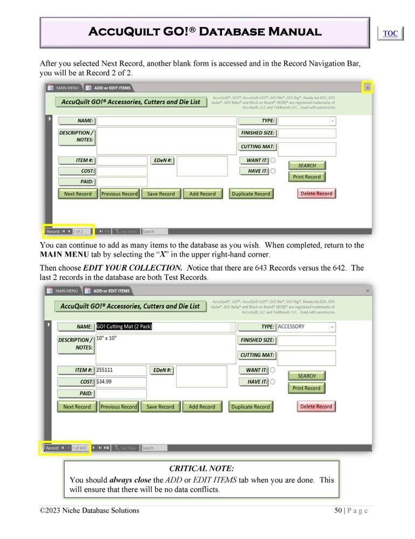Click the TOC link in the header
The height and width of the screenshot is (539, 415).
point(390,33)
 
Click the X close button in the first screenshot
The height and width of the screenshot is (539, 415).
point(368,87)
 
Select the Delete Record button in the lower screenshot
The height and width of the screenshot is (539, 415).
point(316,406)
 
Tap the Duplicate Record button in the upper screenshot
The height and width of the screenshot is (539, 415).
point(251,194)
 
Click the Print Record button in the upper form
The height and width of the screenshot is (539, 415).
point(307,177)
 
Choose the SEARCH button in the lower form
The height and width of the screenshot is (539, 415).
point(307,376)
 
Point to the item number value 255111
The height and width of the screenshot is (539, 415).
point(105,370)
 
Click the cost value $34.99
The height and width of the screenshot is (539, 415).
point(105,382)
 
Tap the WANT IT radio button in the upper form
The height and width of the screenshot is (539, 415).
point(273,161)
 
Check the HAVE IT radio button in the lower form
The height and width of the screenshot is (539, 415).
point(273,382)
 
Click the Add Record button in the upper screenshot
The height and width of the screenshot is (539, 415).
point(202,194)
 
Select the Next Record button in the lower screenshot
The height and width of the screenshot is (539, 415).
point(77,407)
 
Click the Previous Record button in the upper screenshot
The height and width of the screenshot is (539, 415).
point(119,194)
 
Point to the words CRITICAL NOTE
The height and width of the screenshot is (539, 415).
point(202,469)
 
